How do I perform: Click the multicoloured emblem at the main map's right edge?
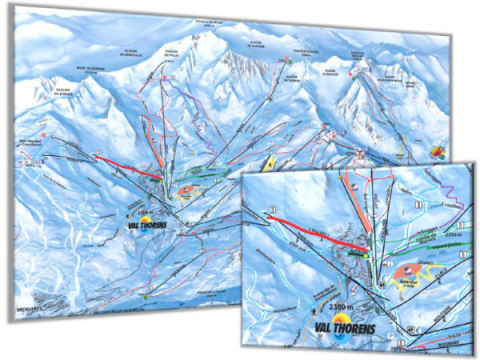(436, 151)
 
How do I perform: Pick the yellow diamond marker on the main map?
(267, 162)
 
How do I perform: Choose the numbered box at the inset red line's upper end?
(270, 209)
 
